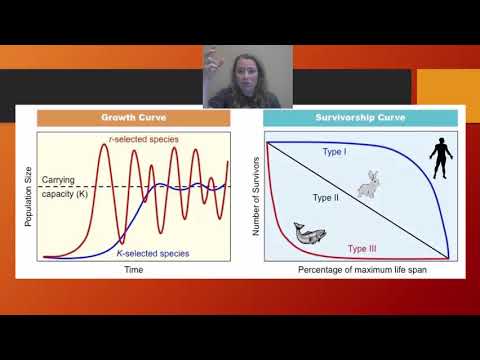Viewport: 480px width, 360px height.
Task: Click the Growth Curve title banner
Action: pos(133,118)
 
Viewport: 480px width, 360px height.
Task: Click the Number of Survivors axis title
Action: pos(258,196)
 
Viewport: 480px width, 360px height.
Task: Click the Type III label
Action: pos(362,247)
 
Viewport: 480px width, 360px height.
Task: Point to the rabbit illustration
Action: pos(373,183)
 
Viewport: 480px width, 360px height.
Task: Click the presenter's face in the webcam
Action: pos(248,77)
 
